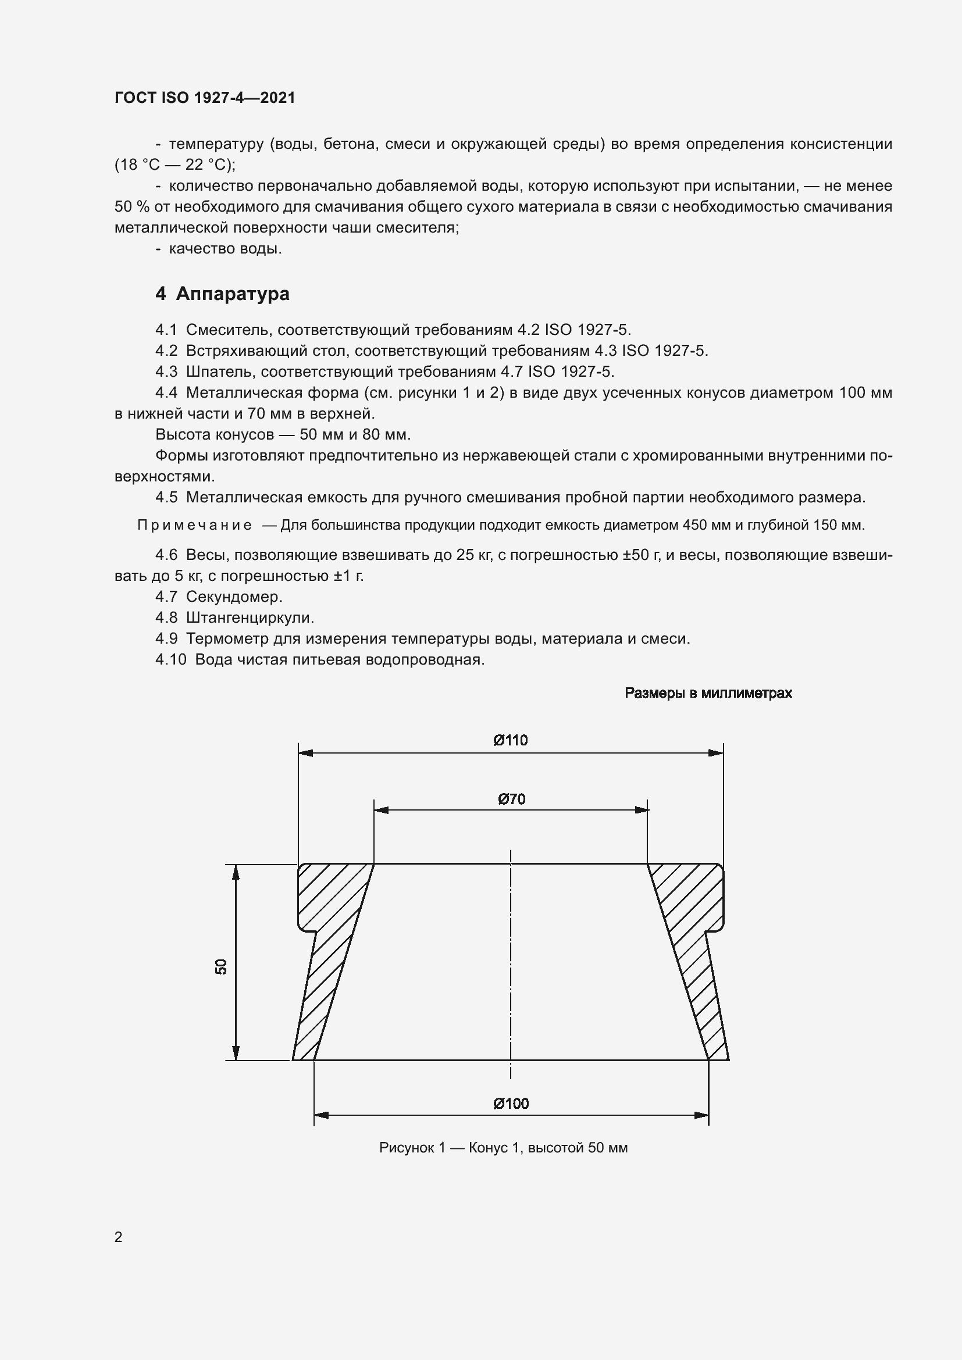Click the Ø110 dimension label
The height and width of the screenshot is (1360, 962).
point(510,740)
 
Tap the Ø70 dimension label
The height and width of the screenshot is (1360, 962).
point(511,799)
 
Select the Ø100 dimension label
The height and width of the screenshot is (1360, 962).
point(511,1103)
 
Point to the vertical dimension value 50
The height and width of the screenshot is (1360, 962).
point(221,967)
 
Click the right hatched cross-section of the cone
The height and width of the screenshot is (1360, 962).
point(693,948)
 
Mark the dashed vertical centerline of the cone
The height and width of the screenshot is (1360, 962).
point(511,959)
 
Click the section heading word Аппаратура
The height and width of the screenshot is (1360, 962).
point(233,294)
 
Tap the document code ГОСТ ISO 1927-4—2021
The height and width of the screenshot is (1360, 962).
point(205,98)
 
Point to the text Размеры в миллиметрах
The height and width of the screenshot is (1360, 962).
point(708,693)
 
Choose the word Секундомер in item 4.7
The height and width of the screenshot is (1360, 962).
point(234,597)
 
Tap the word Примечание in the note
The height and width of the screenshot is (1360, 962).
point(194,526)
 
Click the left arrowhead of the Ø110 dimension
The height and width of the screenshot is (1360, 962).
point(305,753)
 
